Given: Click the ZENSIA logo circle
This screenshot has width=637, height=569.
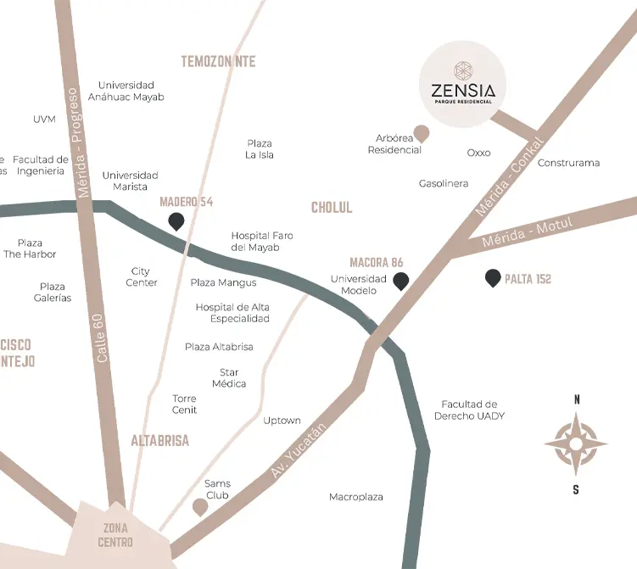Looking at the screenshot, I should (x=463, y=85).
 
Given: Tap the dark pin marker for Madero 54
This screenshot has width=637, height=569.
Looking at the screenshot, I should (x=176, y=221).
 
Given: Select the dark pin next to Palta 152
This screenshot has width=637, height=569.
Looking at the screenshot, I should (x=492, y=277).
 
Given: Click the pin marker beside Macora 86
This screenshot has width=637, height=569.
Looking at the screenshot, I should (x=400, y=281).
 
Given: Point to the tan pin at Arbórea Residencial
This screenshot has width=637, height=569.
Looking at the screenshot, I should (x=420, y=133).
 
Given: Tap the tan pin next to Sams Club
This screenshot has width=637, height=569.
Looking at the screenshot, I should (x=200, y=507).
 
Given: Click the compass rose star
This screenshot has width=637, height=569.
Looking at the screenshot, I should (x=576, y=443).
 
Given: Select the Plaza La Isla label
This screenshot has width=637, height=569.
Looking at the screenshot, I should (x=260, y=149).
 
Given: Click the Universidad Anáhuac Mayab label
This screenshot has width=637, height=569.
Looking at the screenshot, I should (x=131, y=91).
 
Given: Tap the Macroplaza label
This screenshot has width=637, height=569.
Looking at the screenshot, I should (x=356, y=497).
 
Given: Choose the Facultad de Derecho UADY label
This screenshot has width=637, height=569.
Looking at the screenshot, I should (x=469, y=410).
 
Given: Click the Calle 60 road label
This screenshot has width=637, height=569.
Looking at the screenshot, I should (x=101, y=338).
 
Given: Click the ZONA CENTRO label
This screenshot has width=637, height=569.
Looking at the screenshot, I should (x=115, y=535).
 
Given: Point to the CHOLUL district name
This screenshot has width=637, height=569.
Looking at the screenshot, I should (x=332, y=208).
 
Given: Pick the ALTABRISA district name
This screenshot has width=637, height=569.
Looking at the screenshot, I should (x=159, y=441).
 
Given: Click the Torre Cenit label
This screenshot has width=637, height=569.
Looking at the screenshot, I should (x=184, y=404).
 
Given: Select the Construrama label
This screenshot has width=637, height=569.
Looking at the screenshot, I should (x=568, y=163).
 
